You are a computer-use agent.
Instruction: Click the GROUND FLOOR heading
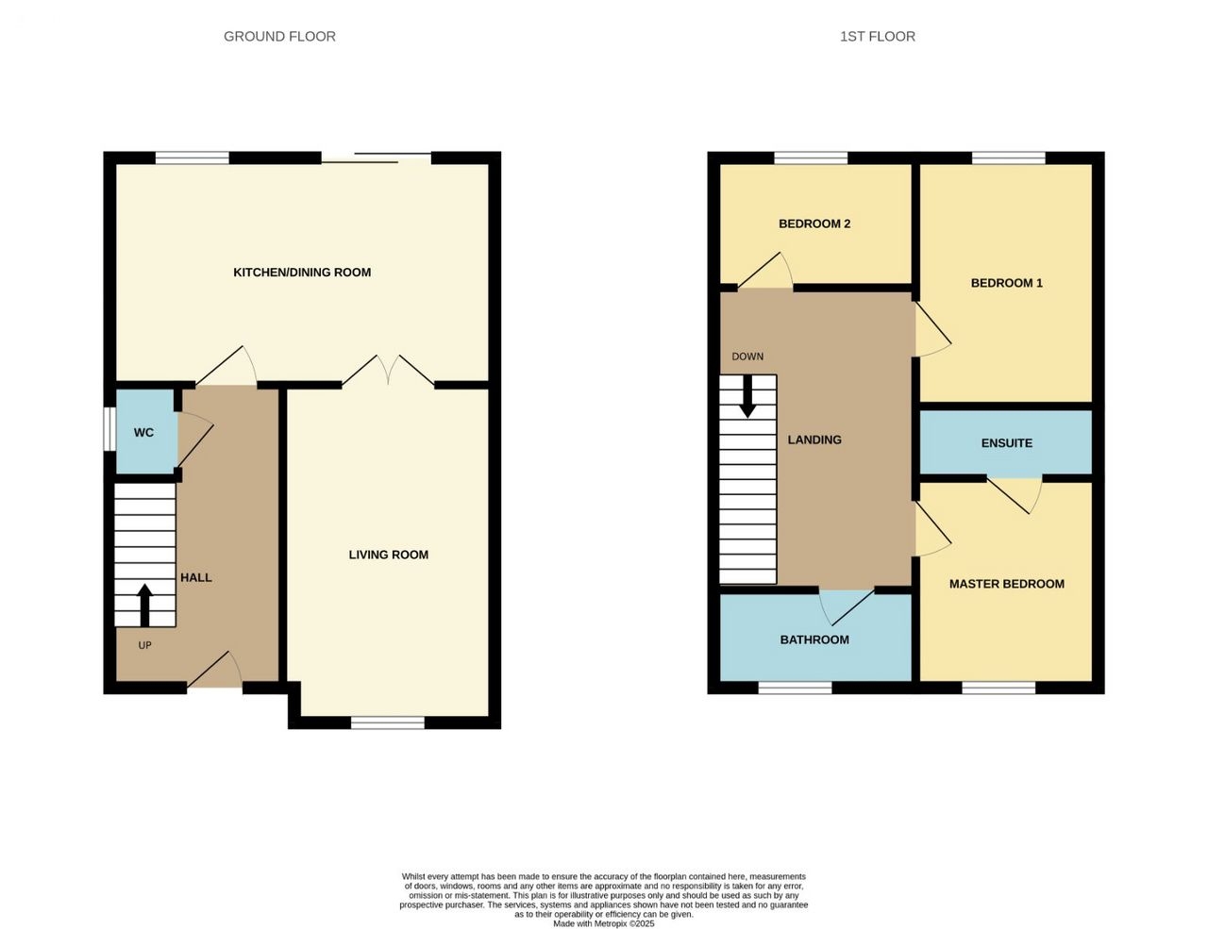point(279,37)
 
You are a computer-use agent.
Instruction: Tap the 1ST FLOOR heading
point(878,37)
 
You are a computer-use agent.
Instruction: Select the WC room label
point(143,433)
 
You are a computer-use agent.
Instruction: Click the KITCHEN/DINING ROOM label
point(302,272)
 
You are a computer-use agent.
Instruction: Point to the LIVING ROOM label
point(389,555)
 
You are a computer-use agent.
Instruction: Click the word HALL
point(195,577)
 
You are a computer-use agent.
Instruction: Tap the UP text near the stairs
point(144,645)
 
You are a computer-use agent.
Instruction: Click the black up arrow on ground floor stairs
point(144,605)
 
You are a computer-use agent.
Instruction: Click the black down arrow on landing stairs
point(747,396)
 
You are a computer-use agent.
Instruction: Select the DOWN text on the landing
point(747,357)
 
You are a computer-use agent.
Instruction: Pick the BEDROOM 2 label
point(814,224)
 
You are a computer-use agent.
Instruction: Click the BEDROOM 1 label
point(1006,283)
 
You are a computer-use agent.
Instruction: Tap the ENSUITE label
point(1006,443)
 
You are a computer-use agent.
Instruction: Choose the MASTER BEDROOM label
point(1006,584)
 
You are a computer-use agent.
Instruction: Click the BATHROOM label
point(814,639)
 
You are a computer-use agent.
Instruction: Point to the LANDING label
point(814,440)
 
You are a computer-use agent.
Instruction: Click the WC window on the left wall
point(109,429)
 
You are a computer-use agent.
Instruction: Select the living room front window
point(388,722)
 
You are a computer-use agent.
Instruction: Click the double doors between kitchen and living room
point(388,371)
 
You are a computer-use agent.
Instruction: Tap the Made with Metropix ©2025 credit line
point(604,924)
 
